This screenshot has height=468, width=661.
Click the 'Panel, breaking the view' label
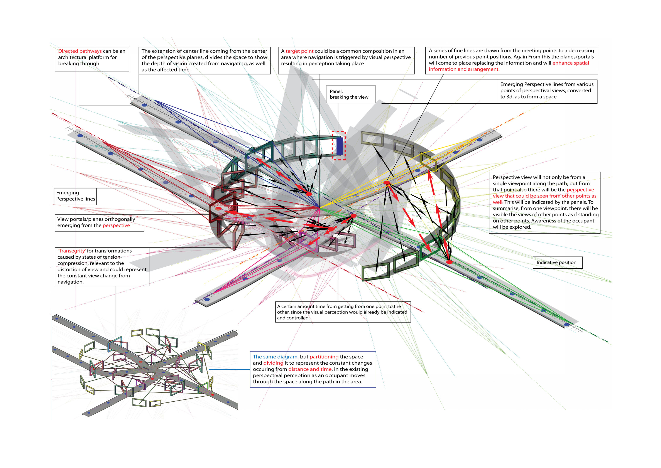point(350,94)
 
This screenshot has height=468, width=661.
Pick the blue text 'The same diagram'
point(275,357)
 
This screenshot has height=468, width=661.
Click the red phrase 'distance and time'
point(310,369)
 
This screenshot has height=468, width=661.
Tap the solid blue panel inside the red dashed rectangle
point(339,146)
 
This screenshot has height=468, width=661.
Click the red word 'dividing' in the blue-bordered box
point(273,363)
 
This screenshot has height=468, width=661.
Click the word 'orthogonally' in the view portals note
point(120,219)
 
